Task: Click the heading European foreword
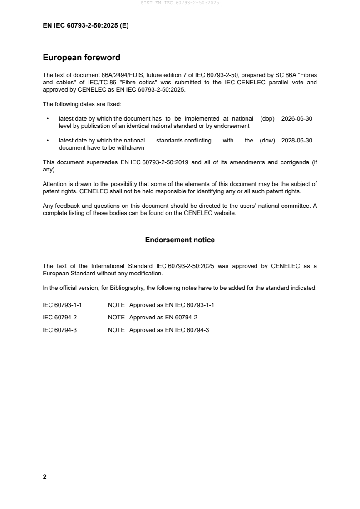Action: pos(81,58)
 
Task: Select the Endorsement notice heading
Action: pos(180,240)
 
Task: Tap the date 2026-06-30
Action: pos(297,118)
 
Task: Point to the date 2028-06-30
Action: pos(297,141)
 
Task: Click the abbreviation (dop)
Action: pos(267,118)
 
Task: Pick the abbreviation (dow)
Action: pos(267,141)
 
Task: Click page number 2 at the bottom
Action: pos(44,477)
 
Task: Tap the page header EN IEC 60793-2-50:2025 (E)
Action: pos(85,26)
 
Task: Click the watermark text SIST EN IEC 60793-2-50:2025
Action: pos(180,3)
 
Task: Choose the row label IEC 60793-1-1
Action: pos(62,305)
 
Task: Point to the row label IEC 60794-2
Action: pos(59,318)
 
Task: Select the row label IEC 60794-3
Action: pos(59,330)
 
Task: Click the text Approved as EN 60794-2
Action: pos(163,318)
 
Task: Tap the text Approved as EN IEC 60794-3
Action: pos(169,330)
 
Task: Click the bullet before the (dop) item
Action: pos(48,119)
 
